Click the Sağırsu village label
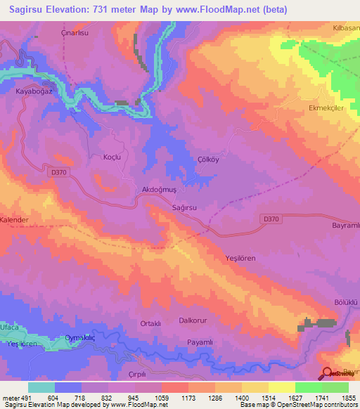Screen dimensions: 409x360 pyautogui.click(x=184, y=208)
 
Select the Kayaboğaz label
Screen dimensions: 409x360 pyautogui.click(x=34, y=91)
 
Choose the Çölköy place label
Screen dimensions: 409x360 pyautogui.click(x=208, y=160)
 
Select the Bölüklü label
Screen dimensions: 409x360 pyautogui.click(x=345, y=301)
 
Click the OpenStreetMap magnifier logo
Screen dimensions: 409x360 pyautogui.click(x=326, y=375)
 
